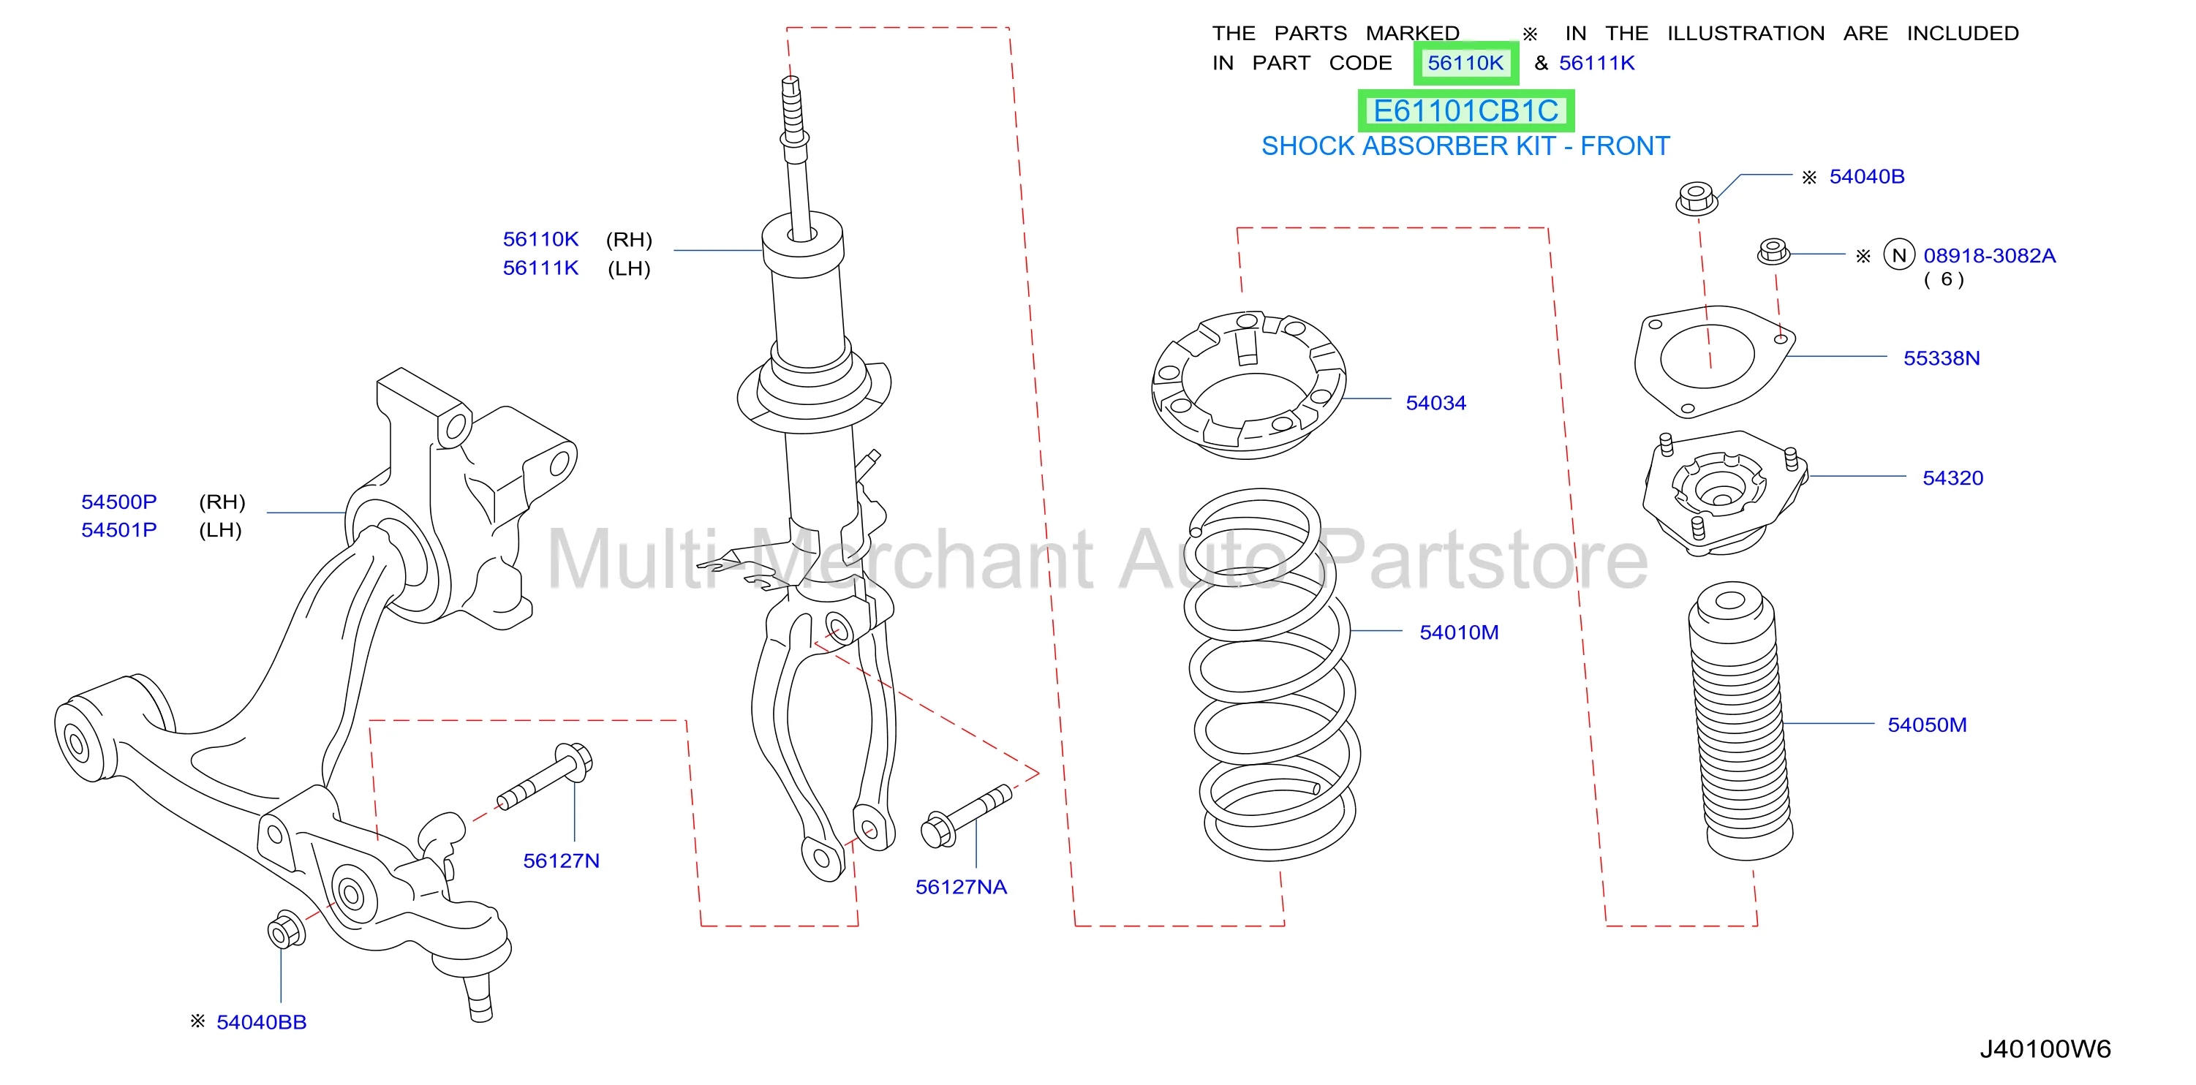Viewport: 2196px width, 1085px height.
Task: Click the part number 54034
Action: pos(1435,403)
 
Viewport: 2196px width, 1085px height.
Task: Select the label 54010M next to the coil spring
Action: pos(1459,632)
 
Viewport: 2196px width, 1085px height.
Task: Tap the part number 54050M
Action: pos(1927,725)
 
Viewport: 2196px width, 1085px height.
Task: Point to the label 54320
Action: pos(1952,478)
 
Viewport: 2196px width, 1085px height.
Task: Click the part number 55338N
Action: pos(1941,358)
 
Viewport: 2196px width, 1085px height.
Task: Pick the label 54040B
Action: pos(1866,176)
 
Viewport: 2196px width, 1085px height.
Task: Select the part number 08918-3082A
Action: pos(1989,256)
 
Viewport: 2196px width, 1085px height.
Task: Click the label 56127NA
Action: pos(961,888)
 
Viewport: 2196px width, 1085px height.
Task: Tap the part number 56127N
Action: pos(561,861)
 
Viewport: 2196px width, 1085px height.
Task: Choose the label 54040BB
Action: pos(261,1022)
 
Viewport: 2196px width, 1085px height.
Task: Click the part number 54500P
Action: pos(118,502)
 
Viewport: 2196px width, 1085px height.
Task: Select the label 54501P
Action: pos(118,530)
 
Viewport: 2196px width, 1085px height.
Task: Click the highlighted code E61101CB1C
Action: pos(1465,111)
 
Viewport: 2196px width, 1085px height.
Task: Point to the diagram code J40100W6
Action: pos(2044,1049)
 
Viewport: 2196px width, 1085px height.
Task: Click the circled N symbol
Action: pos(1898,255)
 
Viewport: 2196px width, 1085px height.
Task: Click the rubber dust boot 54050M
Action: pos(1739,720)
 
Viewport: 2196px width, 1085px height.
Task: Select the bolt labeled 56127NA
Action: pos(966,817)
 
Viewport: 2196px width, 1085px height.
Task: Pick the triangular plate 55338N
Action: pos(1713,360)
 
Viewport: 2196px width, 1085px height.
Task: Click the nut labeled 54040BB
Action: pos(286,930)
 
